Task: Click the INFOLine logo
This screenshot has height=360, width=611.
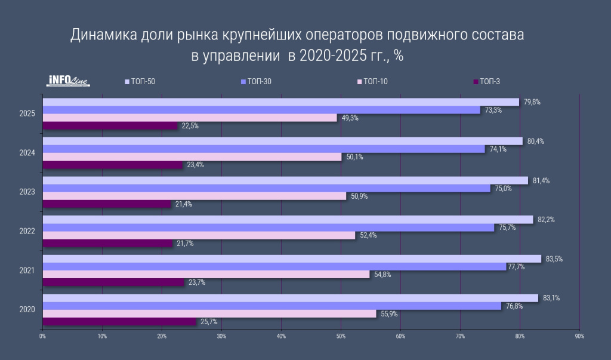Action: [68, 81]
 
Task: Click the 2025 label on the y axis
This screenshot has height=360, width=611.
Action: [27, 113]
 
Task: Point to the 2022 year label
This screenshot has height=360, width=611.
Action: [27, 231]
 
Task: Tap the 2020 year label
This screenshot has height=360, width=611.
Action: [27, 309]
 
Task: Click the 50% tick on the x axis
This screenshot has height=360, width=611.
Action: [340, 336]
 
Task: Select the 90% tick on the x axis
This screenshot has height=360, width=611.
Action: [579, 336]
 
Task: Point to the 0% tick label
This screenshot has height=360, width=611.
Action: [42, 336]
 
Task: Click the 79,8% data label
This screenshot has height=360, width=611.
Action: [532, 102]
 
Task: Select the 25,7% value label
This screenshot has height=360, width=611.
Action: [209, 322]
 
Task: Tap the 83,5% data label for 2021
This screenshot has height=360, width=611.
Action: [554, 259]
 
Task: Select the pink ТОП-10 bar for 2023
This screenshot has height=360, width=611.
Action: [194, 196]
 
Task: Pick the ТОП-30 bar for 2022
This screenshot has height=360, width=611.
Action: [269, 227]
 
